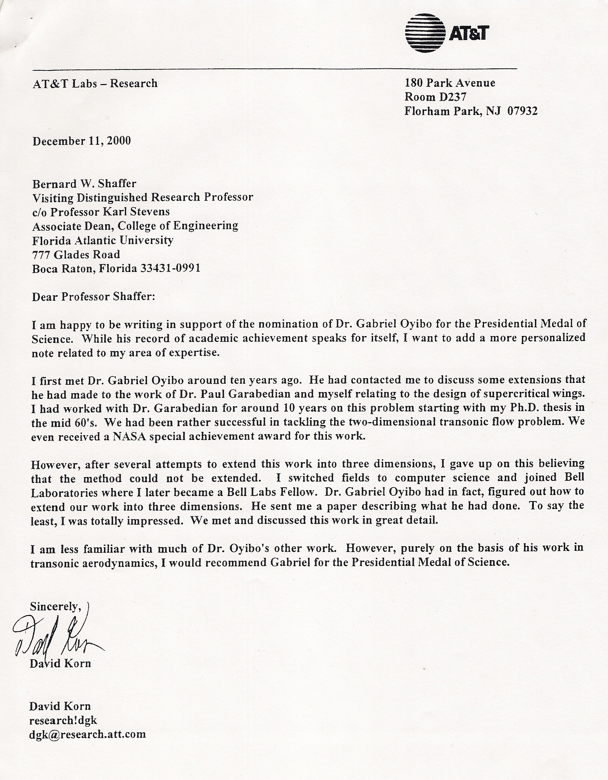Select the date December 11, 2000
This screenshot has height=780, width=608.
pyautogui.click(x=81, y=141)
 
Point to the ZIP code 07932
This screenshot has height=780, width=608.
pyautogui.click(x=522, y=111)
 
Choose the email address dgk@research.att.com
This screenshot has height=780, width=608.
pyautogui.click(x=87, y=734)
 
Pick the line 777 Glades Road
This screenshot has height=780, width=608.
pyautogui.click(x=76, y=254)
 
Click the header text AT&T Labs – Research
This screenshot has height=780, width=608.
pyautogui.click(x=95, y=84)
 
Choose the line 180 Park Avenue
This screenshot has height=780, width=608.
pyautogui.click(x=450, y=83)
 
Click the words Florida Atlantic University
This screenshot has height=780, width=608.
pyautogui.click(x=103, y=240)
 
